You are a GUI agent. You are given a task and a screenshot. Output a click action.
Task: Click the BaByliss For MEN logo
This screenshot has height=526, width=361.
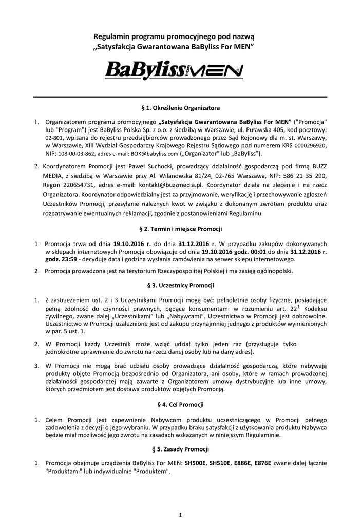pyautogui.click(x=174, y=70)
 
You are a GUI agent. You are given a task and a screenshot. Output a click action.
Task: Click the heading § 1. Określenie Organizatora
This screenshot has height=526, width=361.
pyautogui.click(x=180, y=108)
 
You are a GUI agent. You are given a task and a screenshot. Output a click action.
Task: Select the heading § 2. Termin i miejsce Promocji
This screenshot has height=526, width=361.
pyautogui.click(x=180, y=228)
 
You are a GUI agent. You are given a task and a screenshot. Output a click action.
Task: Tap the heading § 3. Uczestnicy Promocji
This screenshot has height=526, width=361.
pyautogui.click(x=180, y=285)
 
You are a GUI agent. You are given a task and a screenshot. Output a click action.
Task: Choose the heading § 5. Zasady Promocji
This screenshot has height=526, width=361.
pyautogui.click(x=180, y=448)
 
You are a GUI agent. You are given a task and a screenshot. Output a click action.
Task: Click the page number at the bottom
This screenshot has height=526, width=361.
pyautogui.click(x=180, y=514)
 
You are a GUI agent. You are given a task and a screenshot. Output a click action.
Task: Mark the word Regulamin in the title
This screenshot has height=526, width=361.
pyautogui.click(x=111, y=37)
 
